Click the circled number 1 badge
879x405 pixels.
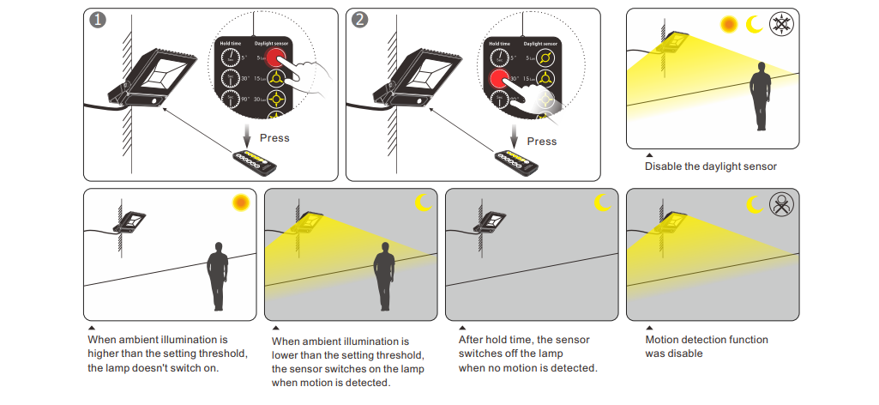[99, 21]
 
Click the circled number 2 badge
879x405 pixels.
[361, 21]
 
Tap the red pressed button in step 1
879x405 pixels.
[276, 57]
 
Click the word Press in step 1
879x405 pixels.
[274, 137]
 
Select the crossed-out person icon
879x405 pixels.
[781, 204]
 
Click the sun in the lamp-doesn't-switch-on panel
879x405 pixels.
[241, 202]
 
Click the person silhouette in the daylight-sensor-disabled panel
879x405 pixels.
[760, 100]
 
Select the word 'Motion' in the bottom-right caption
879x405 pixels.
[664, 340]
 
